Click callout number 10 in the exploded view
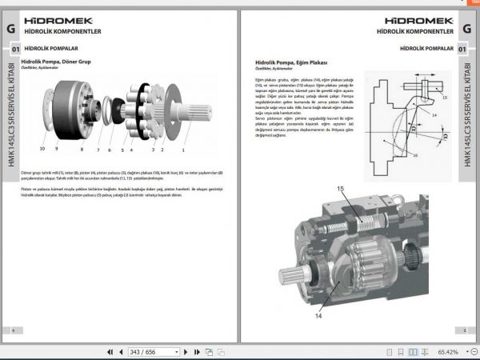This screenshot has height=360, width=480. [42, 149]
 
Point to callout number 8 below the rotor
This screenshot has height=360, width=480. [82, 149]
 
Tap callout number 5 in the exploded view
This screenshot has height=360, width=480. [122, 149]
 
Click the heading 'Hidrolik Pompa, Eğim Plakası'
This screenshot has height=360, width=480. [292, 62]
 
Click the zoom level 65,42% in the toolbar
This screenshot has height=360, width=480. [448, 351]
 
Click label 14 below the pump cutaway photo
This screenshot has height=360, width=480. [317, 316]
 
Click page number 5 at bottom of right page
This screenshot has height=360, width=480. [465, 330]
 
